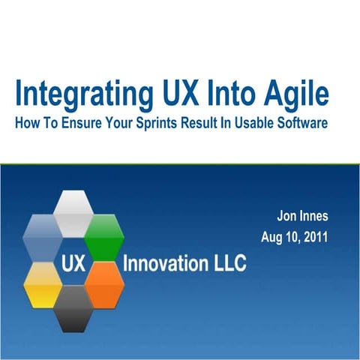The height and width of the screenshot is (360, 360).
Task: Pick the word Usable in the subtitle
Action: (252, 123)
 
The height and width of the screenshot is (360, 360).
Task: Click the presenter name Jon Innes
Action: (304, 217)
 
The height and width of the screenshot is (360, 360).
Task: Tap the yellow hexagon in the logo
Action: (43, 283)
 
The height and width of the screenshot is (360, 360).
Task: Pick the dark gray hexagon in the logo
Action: (73, 307)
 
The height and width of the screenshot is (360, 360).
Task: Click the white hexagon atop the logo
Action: (73, 211)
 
